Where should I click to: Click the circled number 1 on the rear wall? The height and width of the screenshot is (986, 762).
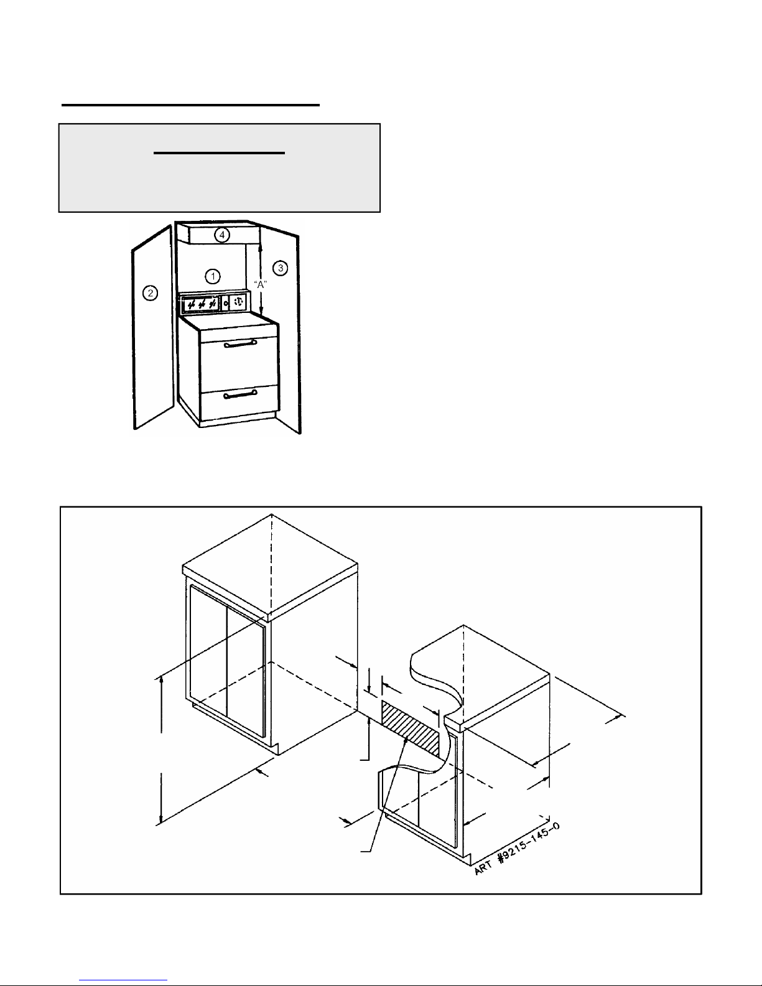[x=213, y=276]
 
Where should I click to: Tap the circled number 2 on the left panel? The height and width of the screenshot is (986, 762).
[x=150, y=293]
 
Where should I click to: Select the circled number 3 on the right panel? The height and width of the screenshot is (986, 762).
[x=281, y=268]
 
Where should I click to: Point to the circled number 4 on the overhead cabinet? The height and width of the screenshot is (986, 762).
[x=222, y=235]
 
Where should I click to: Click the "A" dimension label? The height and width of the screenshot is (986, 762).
[x=261, y=284]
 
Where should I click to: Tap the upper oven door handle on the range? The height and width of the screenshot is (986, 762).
[x=240, y=345]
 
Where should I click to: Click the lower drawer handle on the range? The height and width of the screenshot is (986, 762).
[x=240, y=395]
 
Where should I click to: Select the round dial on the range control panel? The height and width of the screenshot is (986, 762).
[x=239, y=302]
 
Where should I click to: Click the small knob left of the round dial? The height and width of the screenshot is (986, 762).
[x=226, y=303]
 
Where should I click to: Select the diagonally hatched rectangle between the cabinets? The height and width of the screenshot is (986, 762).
[x=411, y=728]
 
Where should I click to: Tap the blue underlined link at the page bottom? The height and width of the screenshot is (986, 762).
[x=123, y=980]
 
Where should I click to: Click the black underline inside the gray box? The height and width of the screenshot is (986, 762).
[x=219, y=154]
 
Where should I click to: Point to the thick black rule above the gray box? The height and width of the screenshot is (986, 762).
[x=190, y=105]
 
